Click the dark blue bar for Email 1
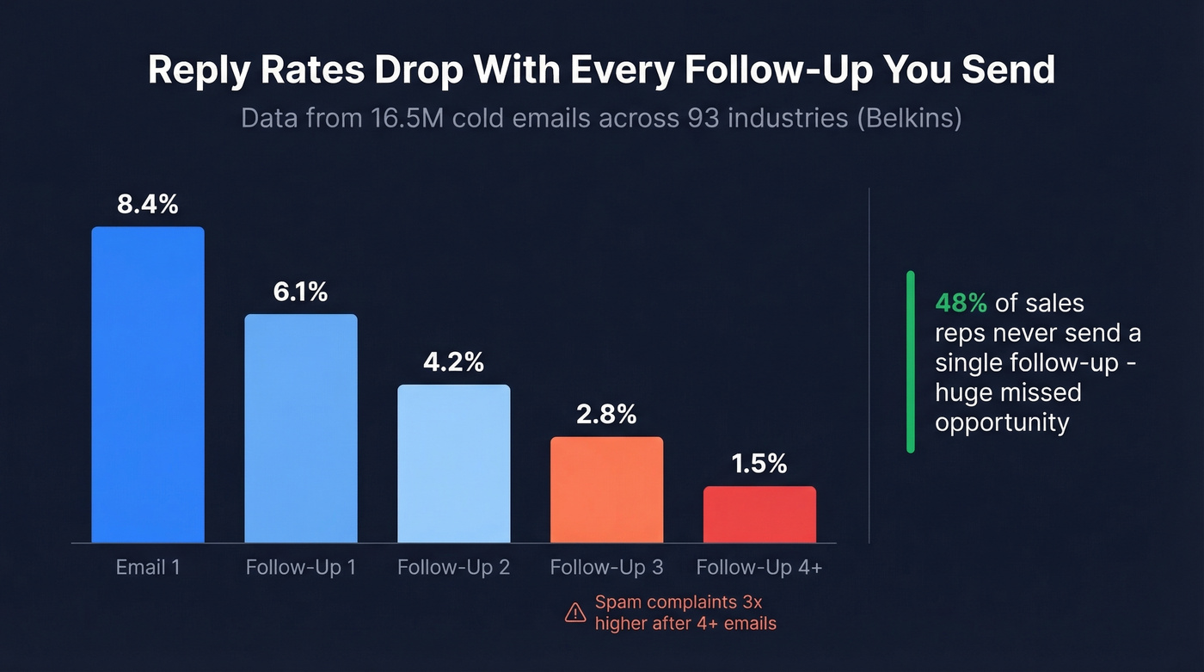tap(148, 385)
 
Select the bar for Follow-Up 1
tap(301, 428)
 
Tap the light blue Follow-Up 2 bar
tap(453, 464)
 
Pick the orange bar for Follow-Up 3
tap(606, 490)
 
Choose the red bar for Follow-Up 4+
tap(759, 515)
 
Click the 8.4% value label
tap(148, 205)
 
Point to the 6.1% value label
tap(301, 293)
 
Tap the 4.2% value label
tap(453, 362)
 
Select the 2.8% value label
tap(606, 415)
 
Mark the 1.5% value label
tap(759, 465)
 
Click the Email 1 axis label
tap(148, 568)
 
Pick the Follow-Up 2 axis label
tap(453, 568)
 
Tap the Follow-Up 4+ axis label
tap(759, 568)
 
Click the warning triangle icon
tap(575, 613)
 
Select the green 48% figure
tap(961, 303)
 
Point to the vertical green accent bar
tap(911, 361)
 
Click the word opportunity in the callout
tap(1002, 422)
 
